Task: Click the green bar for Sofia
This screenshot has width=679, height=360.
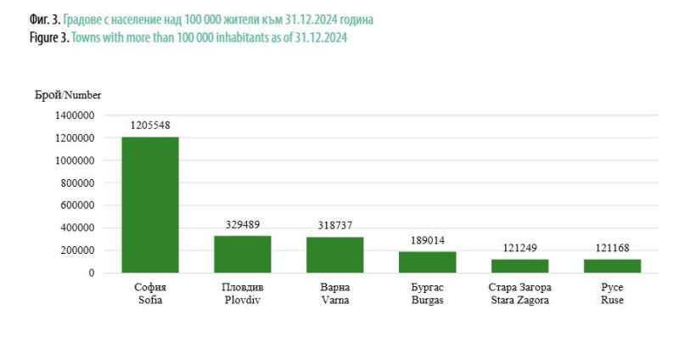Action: [x=150, y=205]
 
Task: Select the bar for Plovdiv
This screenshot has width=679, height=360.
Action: [x=243, y=254]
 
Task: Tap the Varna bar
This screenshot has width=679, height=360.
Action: [x=334, y=255]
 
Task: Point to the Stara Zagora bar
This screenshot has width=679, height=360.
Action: [x=519, y=266]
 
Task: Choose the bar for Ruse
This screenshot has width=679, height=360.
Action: [x=612, y=266]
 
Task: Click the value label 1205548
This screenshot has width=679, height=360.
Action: [x=150, y=126]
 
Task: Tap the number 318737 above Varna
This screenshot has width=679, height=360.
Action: [x=334, y=226]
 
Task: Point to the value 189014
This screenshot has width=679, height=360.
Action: [x=427, y=240]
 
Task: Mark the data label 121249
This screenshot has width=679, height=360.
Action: [x=519, y=248]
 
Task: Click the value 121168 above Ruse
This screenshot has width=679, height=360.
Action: [x=612, y=248]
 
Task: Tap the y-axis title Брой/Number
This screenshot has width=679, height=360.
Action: [x=69, y=95]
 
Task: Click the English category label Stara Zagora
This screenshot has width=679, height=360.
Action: [x=519, y=301]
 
